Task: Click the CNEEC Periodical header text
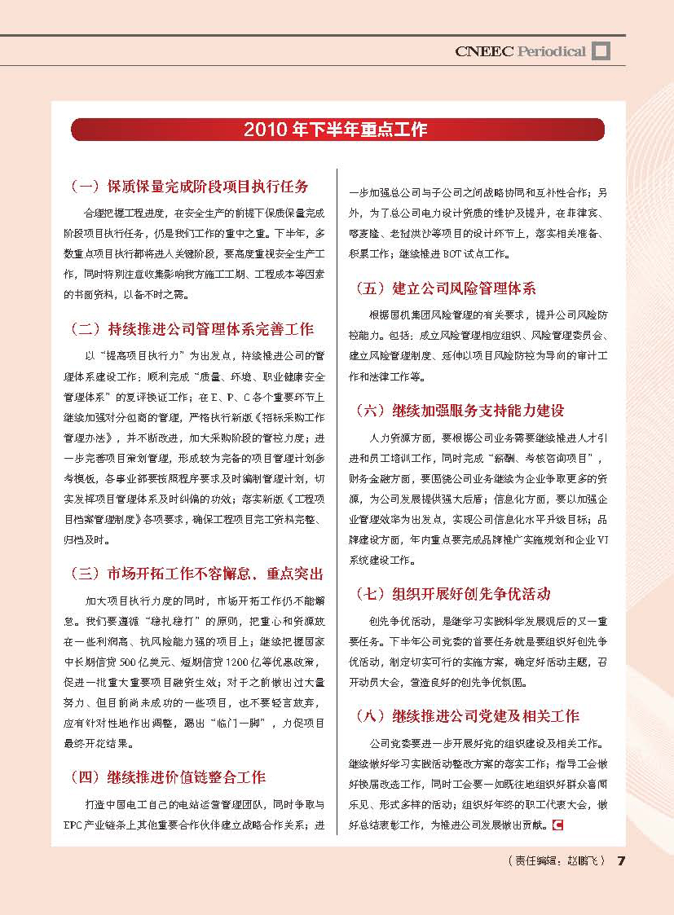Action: [520, 51]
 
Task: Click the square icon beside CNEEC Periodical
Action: [601, 51]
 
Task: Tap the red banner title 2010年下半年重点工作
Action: [336, 130]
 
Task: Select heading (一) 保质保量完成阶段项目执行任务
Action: [189, 187]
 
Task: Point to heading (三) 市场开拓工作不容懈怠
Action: [196, 574]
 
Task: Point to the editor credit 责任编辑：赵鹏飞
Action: [554, 861]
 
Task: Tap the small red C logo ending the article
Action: [558, 825]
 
